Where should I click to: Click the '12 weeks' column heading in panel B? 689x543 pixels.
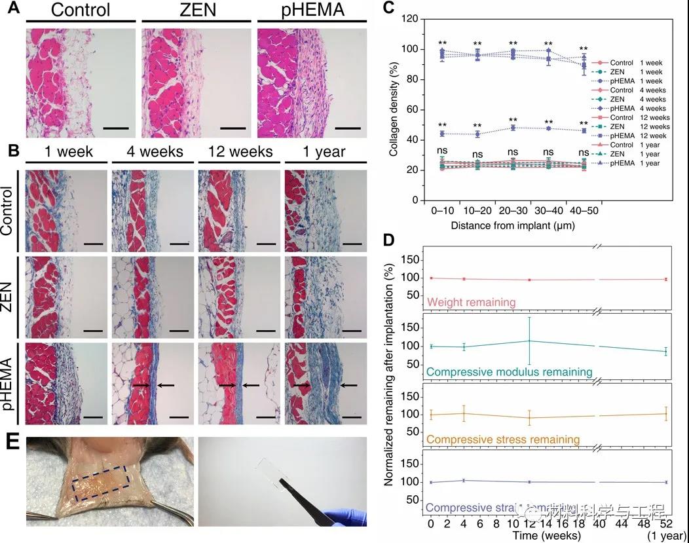(239, 152)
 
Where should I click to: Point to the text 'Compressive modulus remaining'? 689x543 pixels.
(509, 372)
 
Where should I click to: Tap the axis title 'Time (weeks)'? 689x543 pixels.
(544, 535)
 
